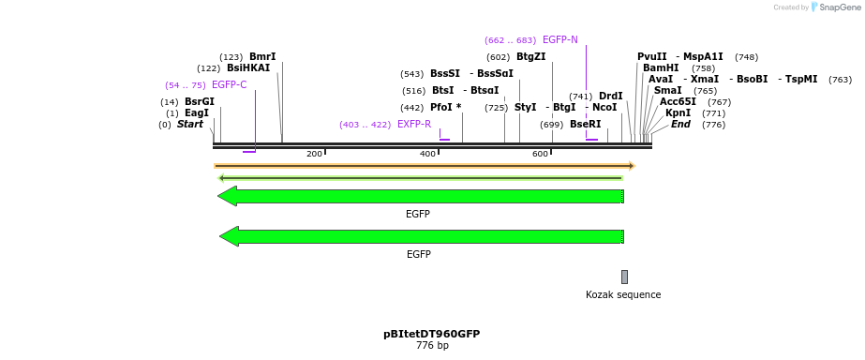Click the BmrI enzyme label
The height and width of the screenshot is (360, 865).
262,57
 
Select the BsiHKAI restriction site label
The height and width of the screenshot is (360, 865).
248,68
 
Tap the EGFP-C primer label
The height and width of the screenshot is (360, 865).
229,85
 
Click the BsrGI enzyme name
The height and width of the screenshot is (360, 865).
200,102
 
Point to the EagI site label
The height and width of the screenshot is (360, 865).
197,113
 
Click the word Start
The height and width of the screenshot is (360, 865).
190,125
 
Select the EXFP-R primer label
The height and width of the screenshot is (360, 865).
414,125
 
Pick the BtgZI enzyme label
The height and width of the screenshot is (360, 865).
530,57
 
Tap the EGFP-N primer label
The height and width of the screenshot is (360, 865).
559,40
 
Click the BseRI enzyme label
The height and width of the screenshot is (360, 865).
585,125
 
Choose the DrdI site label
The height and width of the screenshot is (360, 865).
610,97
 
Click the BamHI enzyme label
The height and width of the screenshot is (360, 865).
661,68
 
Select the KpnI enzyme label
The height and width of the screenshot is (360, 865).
678,113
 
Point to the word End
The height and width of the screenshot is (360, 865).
680,125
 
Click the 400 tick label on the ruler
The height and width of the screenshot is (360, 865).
427,154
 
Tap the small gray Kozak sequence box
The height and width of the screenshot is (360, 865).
624,277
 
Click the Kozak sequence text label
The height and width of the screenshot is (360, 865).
623,295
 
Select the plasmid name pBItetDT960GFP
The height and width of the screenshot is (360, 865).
432,334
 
